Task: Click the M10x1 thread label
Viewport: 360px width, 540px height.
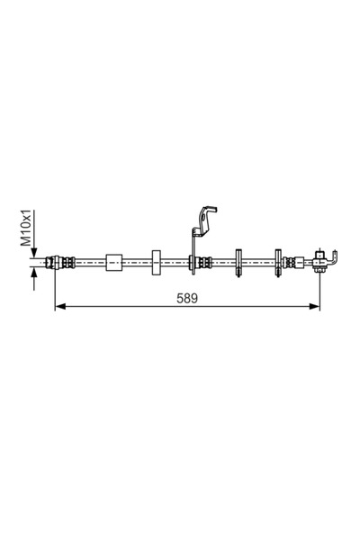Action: (26, 228)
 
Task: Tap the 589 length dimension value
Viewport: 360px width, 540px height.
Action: (187, 298)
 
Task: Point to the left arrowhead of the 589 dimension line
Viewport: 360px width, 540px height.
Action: (60, 306)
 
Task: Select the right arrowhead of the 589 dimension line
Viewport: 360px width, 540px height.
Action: (314, 306)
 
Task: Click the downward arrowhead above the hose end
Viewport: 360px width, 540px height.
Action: (34, 252)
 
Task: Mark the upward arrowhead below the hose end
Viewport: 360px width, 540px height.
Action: (34, 274)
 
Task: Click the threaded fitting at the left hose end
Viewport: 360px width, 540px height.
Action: (60, 263)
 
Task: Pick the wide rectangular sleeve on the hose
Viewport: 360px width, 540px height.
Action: (114, 263)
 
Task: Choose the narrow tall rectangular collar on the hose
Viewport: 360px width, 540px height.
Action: (157, 263)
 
